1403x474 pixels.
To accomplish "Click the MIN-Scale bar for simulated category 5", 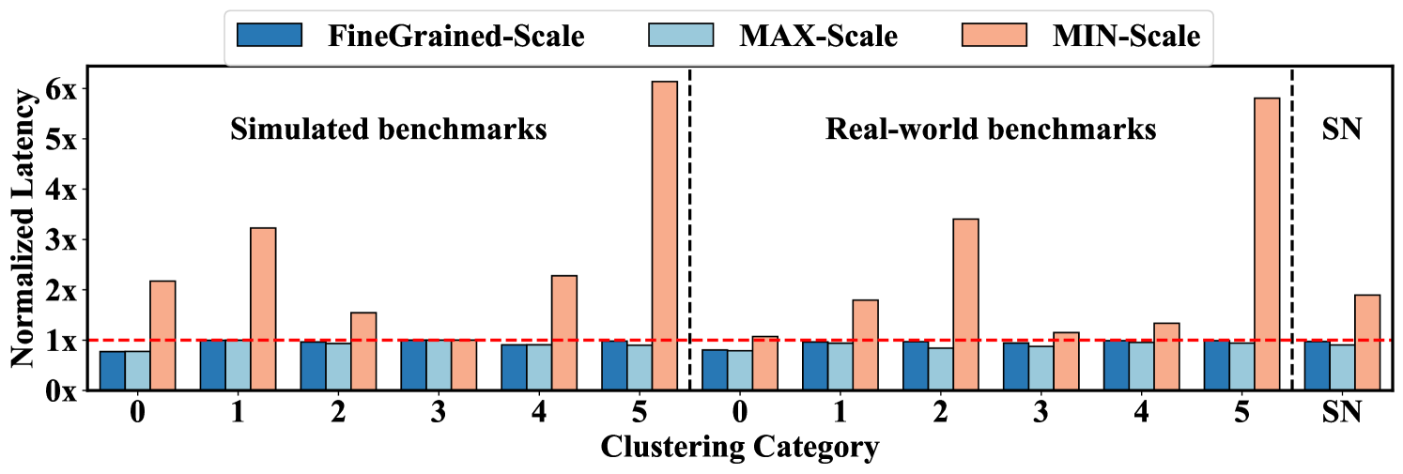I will click(664, 236).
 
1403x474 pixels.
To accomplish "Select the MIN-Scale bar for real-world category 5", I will click(1266, 244).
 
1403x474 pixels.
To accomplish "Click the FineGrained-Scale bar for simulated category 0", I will click(113, 371).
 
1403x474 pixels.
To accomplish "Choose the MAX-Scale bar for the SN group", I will click(1342, 367).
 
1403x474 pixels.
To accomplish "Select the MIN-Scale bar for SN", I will click(1367, 343).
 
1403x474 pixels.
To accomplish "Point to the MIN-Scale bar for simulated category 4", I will click(563, 332).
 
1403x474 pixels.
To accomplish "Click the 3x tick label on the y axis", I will click(64, 239).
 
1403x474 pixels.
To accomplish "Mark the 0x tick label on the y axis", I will click(64, 390).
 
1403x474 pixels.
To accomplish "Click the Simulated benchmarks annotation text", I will click(389, 130).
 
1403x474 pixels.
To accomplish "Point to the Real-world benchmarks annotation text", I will click(991, 130).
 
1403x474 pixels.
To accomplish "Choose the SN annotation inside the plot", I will click(1341, 130).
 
